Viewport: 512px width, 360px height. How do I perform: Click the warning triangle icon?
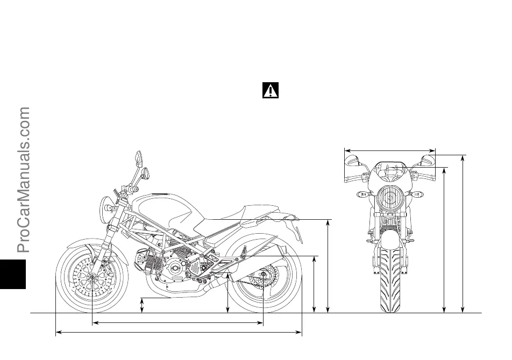point(270,90)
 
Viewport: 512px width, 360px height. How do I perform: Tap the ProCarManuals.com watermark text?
point(24,180)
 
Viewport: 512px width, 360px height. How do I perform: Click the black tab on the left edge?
point(12,271)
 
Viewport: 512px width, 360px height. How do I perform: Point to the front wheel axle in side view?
point(93,277)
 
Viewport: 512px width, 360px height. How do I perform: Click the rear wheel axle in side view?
point(263,277)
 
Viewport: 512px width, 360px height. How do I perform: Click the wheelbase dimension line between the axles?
point(177,323)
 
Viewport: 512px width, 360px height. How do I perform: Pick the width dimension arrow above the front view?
point(389,150)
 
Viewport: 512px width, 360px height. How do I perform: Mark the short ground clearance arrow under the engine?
point(142,305)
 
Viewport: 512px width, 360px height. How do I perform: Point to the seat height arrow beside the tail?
point(328,265)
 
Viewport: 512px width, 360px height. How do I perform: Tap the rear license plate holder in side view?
point(296,231)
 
